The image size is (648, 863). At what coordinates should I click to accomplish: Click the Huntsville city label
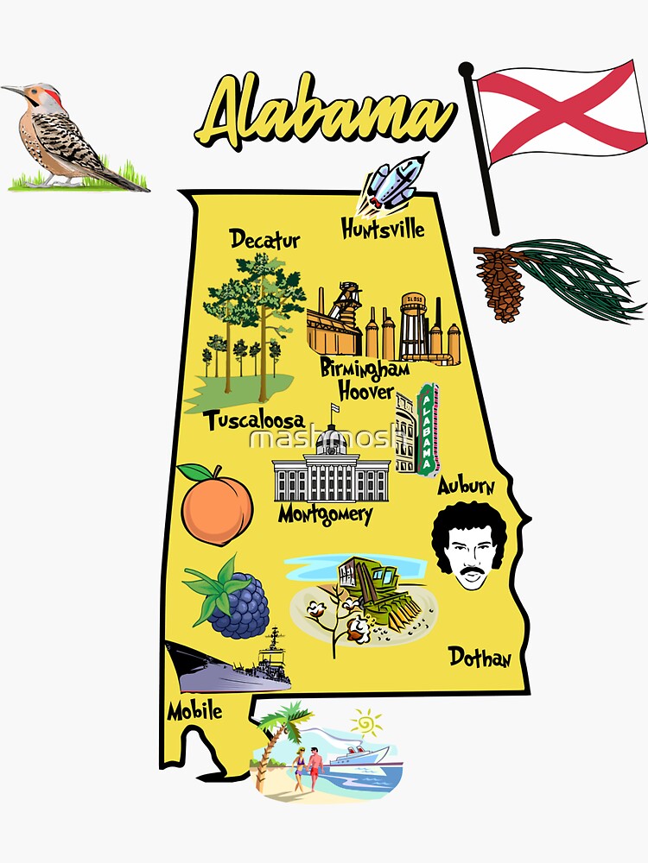click(383, 229)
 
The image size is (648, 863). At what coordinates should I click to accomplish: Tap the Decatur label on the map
click(265, 239)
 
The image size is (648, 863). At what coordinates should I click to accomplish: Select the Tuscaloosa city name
click(254, 420)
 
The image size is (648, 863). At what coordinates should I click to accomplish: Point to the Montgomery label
click(325, 515)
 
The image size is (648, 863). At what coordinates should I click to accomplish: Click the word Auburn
click(466, 486)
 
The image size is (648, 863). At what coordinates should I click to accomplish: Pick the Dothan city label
click(480, 658)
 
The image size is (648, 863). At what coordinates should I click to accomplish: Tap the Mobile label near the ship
click(194, 711)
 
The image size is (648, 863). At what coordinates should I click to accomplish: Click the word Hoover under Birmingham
click(365, 391)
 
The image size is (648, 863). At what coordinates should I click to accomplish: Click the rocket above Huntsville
click(397, 183)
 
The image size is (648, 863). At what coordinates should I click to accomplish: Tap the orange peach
click(216, 505)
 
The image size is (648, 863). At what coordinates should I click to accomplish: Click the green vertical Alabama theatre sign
click(428, 429)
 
